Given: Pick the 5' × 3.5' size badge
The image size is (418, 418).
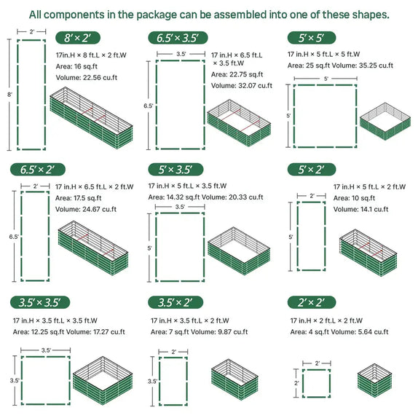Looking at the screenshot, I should tap(175, 170).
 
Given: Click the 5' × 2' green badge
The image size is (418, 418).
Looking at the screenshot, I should tap(311, 170).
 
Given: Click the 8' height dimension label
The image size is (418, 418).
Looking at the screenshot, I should tap(9, 94).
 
